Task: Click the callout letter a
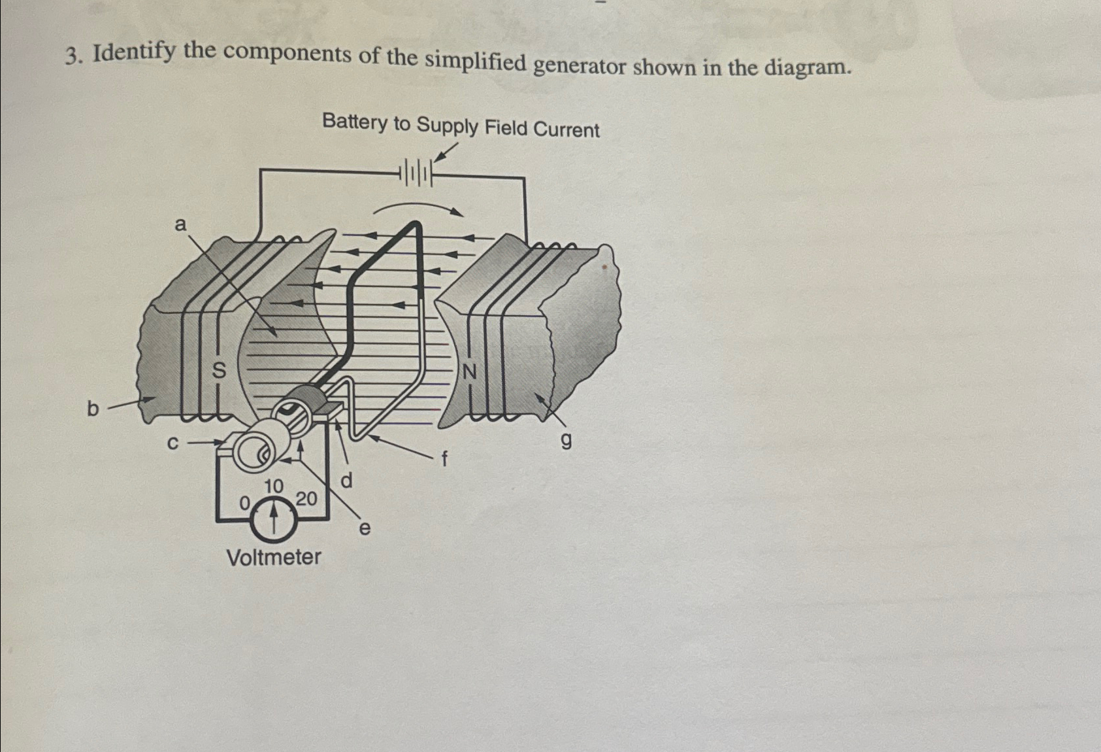coord(180,225)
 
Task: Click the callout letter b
coord(93,409)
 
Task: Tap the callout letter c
coord(172,443)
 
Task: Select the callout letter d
coord(347,481)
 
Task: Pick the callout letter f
coord(444,460)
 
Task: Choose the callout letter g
coord(566,443)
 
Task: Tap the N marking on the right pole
coord(469,372)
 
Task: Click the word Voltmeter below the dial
coord(273,558)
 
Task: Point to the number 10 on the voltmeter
coord(274,486)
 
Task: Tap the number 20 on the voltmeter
coord(306,499)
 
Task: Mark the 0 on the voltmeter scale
coord(244,503)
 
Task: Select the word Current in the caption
coord(566,129)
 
